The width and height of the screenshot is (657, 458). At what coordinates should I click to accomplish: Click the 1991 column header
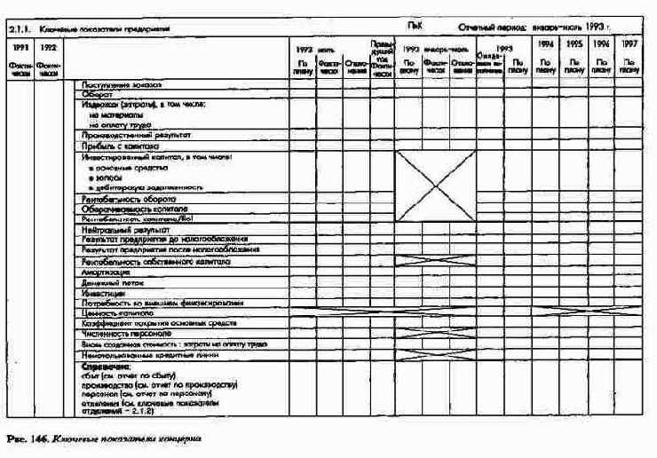[20, 45]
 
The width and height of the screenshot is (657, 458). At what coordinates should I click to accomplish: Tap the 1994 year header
[547, 43]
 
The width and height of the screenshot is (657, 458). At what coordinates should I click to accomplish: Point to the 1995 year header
[574, 43]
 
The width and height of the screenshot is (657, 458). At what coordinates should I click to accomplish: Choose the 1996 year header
[601, 43]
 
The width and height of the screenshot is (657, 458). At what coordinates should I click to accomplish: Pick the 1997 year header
[629, 43]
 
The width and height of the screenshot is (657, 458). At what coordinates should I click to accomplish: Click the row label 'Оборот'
[97, 93]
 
